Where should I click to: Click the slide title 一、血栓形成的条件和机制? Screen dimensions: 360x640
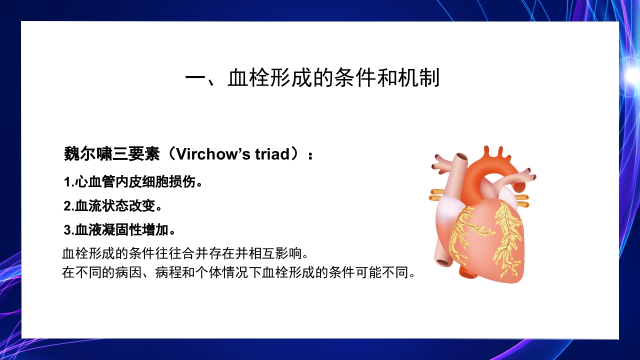(312, 78)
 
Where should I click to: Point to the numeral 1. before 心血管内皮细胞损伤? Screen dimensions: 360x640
(69, 182)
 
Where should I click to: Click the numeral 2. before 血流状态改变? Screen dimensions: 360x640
(69, 206)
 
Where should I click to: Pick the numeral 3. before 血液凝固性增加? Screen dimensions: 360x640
(69, 230)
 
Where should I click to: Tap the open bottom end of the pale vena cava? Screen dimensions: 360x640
(442, 261)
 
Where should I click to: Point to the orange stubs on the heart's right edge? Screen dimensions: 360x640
(522, 200)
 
